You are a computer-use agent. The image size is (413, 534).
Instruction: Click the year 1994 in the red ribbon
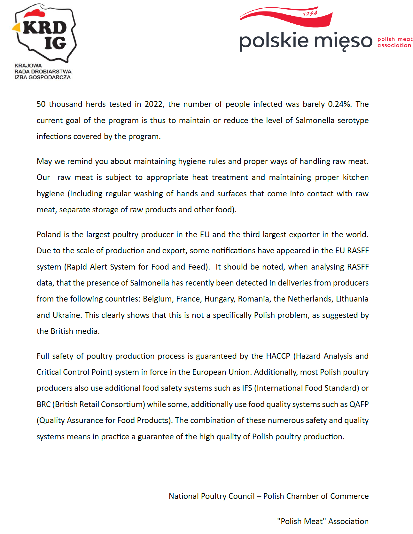click(310, 13)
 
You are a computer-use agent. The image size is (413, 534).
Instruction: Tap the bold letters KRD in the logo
click(44, 28)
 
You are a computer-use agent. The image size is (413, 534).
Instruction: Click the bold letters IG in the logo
click(55, 43)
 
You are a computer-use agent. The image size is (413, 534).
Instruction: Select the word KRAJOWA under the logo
click(28, 66)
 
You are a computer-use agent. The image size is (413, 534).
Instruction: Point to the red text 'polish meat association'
click(395, 42)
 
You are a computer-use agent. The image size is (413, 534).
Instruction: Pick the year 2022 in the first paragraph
click(154, 104)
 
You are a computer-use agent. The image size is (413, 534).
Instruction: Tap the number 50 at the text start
click(41, 104)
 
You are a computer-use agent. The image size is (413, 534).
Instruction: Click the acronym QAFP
click(359, 404)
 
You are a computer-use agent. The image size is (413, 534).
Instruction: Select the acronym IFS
click(247, 388)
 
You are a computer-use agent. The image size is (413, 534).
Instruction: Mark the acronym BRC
click(43, 404)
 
